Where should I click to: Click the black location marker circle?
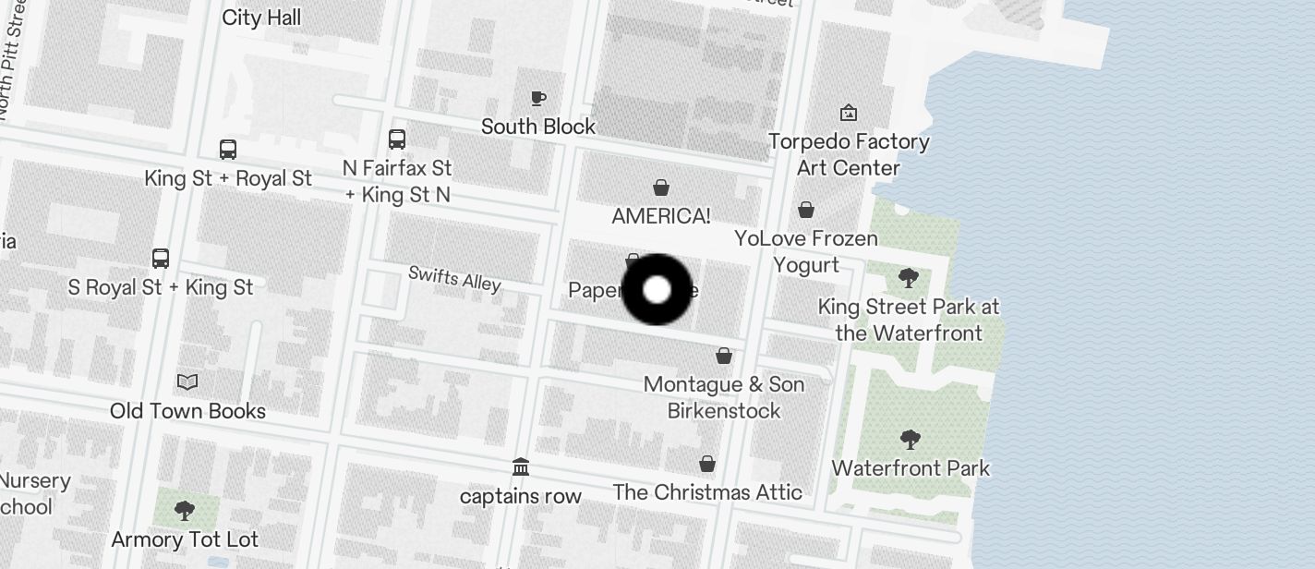[x=657, y=290]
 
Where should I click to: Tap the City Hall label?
[x=261, y=18]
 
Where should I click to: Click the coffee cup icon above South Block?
[x=538, y=98]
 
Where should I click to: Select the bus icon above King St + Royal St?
[x=228, y=150]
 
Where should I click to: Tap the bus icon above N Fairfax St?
[x=397, y=139]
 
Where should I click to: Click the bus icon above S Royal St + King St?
[x=161, y=259]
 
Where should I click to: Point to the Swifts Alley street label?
[x=454, y=278]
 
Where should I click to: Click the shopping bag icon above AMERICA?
[x=661, y=188]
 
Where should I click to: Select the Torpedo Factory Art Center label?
[x=849, y=154]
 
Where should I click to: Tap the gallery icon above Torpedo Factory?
[x=849, y=113]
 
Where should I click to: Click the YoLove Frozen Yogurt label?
[x=806, y=251]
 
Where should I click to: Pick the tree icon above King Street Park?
[x=909, y=277]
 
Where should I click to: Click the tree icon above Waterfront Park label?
[x=911, y=439]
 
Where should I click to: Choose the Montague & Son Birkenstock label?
[x=724, y=397]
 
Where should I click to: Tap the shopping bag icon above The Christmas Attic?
[x=707, y=464]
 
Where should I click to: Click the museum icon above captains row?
[x=521, y=466]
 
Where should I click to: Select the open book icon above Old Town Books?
[x=187, y=381]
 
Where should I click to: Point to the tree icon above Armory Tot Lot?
[x=185, y=510]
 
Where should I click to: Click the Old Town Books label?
[x=187, y=411]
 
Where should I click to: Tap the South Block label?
[x=538, y=127]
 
